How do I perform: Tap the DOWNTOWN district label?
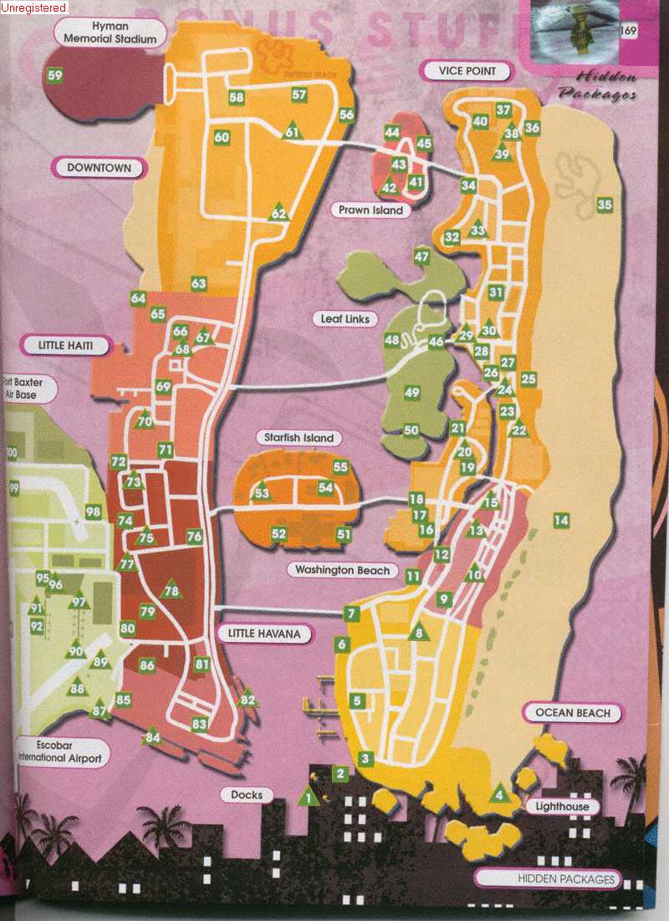[x=99, y=168]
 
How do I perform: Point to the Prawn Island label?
[x=371, y=211]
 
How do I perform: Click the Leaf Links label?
[x=345, y=319]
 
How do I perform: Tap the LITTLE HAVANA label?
[x=263, y=634]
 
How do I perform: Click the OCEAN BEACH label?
[x=573, y=713]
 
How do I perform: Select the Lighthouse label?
[x=562, y=807]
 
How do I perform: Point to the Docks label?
[x=247, y=795]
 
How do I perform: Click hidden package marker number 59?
[x=56, y=76]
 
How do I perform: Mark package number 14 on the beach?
[x=561, y=521]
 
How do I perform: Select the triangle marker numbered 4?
[x=499, y=795]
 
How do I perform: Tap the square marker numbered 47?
[x=421, y=257]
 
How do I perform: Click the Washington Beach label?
[x=342, y=570]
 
